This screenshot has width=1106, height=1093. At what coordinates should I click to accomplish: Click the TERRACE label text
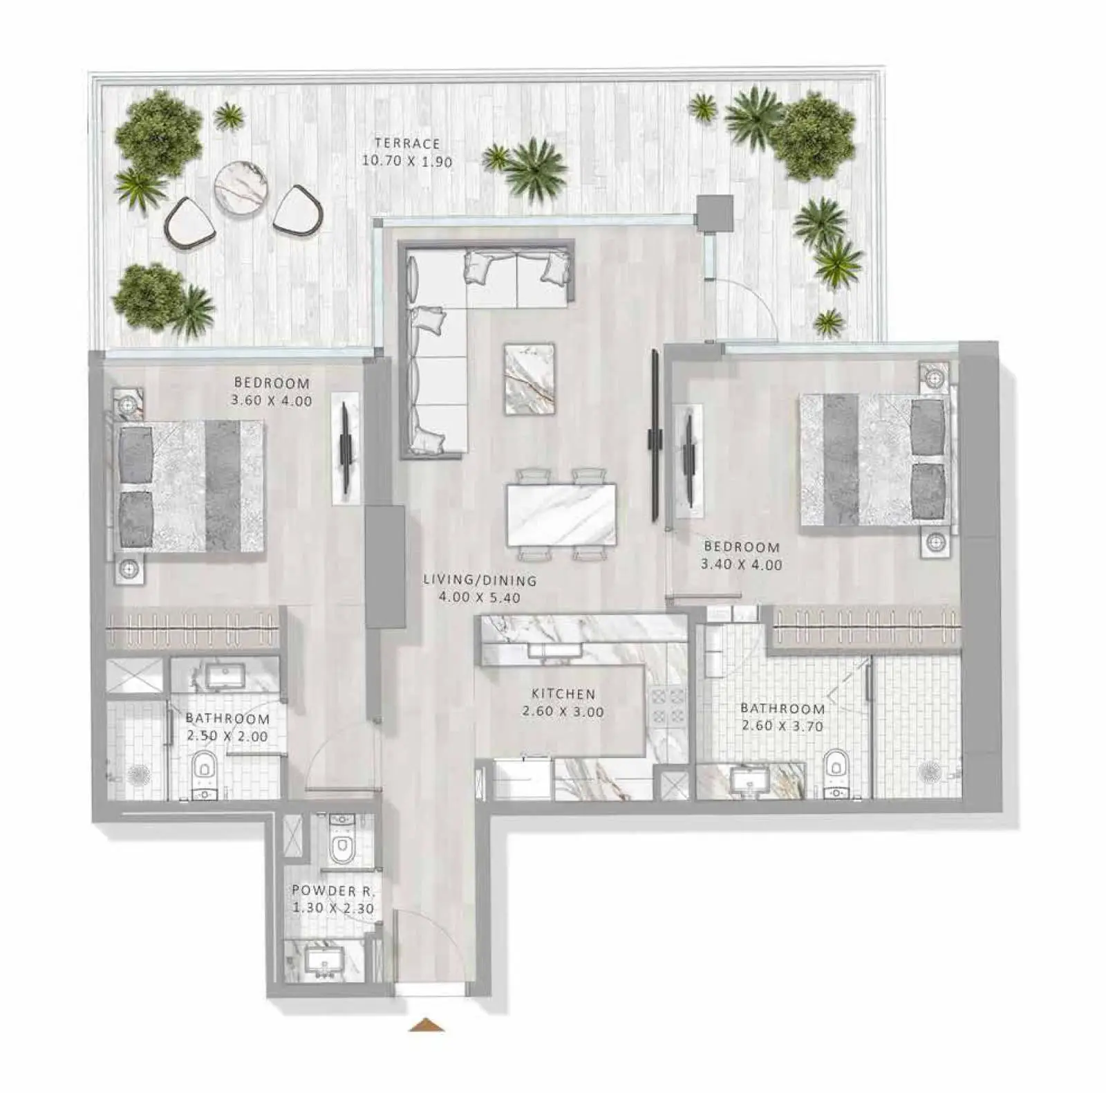407,144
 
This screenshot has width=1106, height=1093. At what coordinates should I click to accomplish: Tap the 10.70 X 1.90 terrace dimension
407,162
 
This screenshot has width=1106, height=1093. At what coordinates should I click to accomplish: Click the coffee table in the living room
529,379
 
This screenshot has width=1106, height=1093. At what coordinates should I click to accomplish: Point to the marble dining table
561,515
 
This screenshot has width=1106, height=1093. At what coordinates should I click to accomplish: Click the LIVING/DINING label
480,580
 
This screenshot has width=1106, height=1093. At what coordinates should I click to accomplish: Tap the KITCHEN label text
563,694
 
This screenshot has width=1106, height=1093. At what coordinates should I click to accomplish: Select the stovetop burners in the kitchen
666,706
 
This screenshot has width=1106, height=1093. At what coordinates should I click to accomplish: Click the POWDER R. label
332,890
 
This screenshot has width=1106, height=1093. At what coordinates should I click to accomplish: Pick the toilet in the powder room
341,839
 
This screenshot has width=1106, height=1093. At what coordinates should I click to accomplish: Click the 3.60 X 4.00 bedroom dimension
272,401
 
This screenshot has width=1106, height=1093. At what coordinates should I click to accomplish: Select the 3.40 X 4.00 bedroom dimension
742,564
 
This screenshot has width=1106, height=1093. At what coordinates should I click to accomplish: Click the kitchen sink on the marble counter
554,650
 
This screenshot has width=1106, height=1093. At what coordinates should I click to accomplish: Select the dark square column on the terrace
714,212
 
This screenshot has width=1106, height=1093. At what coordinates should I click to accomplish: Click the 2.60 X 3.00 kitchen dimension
563,712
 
